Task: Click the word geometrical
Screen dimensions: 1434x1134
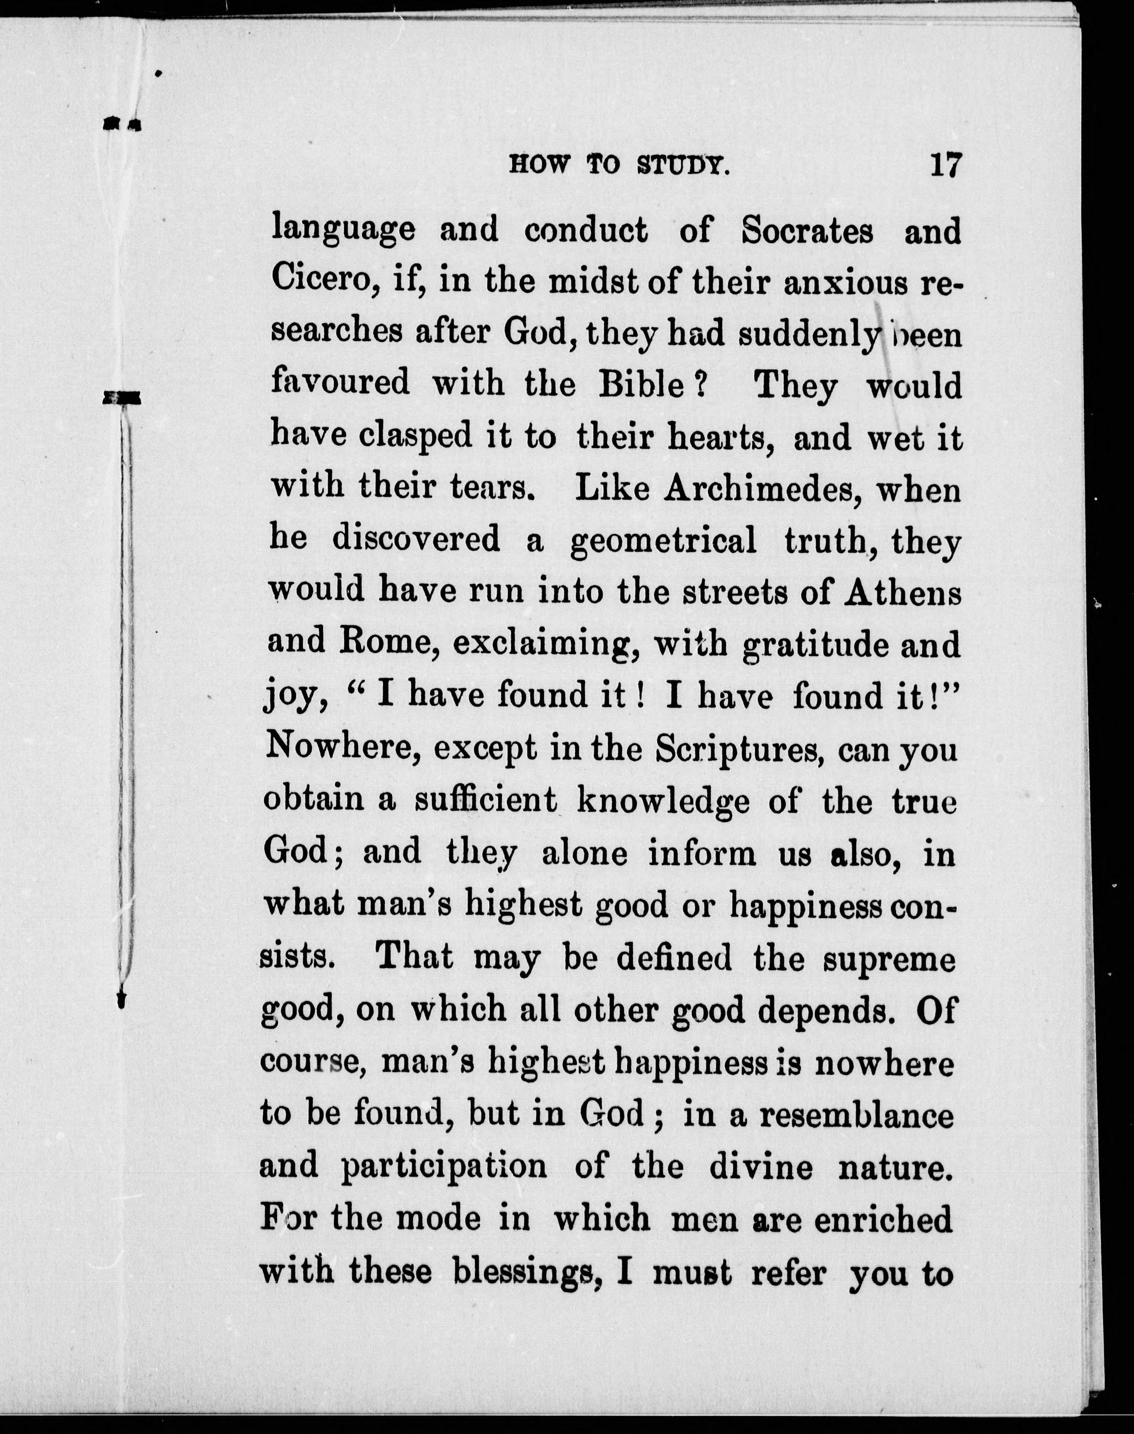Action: [x=663, y=541]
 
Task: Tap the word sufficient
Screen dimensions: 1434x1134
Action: [x=486, y=800]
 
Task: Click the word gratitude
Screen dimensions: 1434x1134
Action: [x=816, y=644]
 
